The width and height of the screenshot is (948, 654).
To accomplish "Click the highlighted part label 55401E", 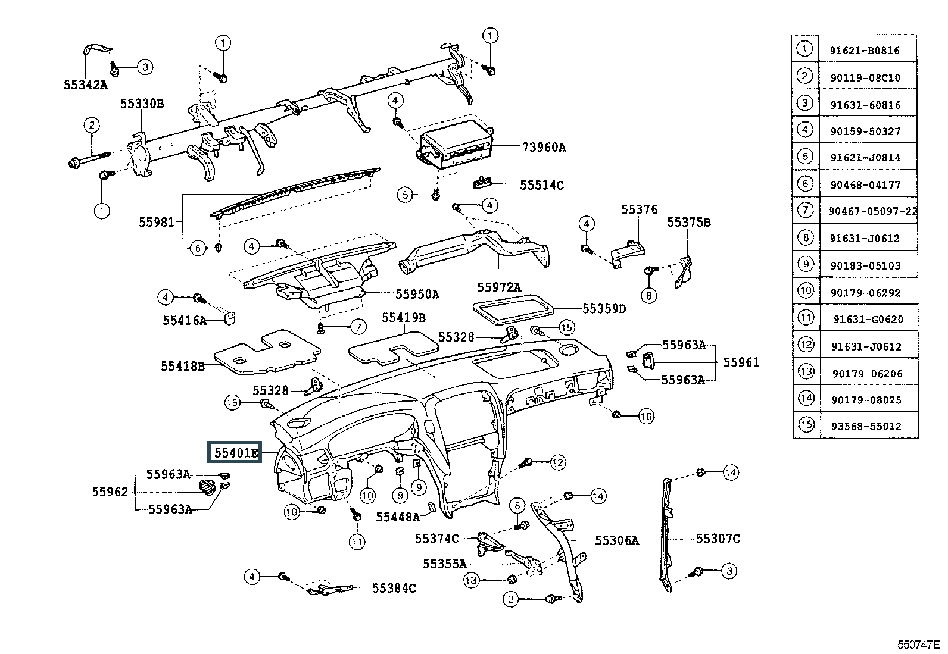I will pyautogui.click(x=236, y=453).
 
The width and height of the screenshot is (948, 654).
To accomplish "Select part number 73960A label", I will pyautogui.click(x=544, y=147).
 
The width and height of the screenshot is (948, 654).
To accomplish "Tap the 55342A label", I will pyautogui.click(x=85, y=85).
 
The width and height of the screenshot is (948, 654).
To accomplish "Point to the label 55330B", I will pyautogui.click(x=142, y=104).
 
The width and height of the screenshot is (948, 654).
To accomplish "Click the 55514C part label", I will pyautogui.click(x=541, y=186).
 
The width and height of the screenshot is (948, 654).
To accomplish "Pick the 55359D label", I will pyautogui.click(x=604, y=309).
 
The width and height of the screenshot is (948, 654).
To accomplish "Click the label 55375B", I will pyautogui.click(x=688, y=223).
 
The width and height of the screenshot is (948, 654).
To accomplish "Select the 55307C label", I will pyautogui.click(x=718, y=539).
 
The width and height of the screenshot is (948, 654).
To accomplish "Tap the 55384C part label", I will pyautogui.click(x=394, y=588).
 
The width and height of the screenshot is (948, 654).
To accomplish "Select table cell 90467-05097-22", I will pyautogui.click(x=872, y=211).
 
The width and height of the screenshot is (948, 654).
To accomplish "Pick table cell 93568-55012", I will pyautogui.click(x=867, y=427).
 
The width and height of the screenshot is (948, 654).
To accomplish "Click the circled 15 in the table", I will pyautogui.click(x=806, y=425).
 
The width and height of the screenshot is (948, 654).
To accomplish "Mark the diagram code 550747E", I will pyautogui.click(x=918, y=644).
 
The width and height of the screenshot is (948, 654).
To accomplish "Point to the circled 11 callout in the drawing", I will pyautogui.click(x=357, y=542).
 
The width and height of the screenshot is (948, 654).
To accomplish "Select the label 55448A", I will pyautogui.click(x=398, y=517).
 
